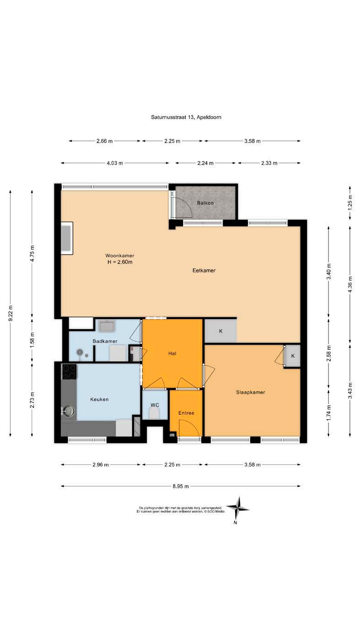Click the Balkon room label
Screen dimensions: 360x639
tap(205, 203)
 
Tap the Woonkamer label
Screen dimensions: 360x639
tap(120, 256)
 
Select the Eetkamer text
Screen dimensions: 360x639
tap(204, 271)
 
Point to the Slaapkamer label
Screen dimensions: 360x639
tap(250, 392)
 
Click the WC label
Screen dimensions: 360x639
tap(155, 405)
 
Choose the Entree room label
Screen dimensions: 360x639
tap(186, 413)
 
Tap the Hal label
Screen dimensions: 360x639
tap(172, 353)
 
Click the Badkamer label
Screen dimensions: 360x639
tap(105, 341)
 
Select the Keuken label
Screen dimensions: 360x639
tap(99, 399)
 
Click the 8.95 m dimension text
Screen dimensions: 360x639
tap(180, 486)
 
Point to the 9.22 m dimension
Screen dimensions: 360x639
tap(11, 313)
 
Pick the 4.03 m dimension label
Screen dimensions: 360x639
tap(115, 163)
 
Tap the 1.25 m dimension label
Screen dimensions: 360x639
tap(350, 202)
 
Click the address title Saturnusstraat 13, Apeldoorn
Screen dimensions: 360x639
tap(186, 117)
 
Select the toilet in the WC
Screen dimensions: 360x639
tap(154, 413)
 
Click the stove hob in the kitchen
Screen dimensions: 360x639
tap(70, 372)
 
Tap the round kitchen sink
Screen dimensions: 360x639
tap(69, 411)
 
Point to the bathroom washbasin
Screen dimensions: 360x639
tap(107, 326)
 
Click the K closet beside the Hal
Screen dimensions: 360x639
tap(220, 331)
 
